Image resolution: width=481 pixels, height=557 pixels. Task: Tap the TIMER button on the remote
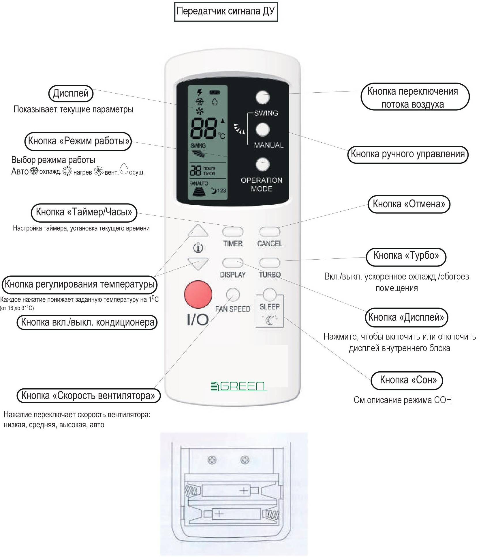pyautogui.click(x=232, y=232)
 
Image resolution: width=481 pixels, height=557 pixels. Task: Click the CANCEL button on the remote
pyautogui.click(x=269, y=232)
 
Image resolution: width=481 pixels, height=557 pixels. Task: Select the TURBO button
pyautogui.click(x=269, y=263)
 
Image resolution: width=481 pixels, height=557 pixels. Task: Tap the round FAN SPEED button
pyautogui.click(x=233, y=295)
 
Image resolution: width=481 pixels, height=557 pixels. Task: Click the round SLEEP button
pyautogui.click(x=270, y=295)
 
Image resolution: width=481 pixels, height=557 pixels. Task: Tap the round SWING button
pyautogui.click(x=262, y=97)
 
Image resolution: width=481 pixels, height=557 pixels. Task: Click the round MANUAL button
pyautogui.click(x=262, y=129)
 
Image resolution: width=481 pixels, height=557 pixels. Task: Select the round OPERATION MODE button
pyautogui.click(x=262, y=164)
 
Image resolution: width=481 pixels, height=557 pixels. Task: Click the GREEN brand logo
pyautogui.click(x=238, y=386)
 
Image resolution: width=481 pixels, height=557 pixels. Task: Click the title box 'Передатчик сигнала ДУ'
pyautogui.click(x=226, y=12)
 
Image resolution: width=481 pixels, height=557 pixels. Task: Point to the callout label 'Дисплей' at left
pyautogui.click(x=71, y=93)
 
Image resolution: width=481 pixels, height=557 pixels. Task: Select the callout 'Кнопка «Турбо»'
pyautogui.click(x=406, y=256)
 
